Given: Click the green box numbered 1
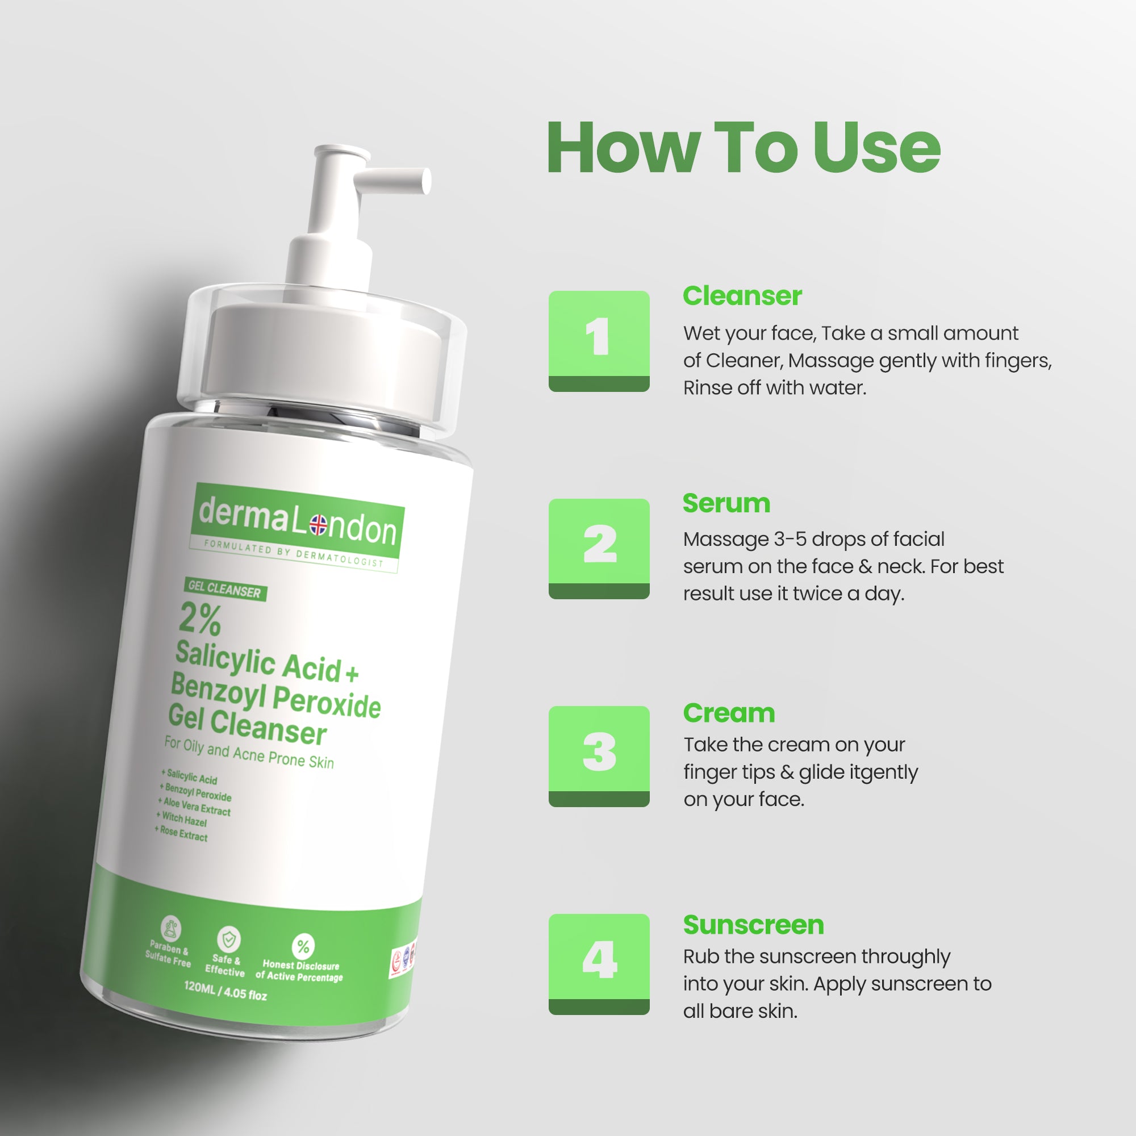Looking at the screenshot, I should [599, 341].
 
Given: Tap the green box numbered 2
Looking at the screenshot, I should [599, 548].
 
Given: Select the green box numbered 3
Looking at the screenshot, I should [599, 755].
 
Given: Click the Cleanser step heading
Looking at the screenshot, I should [742, 296].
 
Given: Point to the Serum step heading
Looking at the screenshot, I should [726, 503].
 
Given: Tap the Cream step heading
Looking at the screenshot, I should [729, 713].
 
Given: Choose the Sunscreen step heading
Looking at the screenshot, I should [753, 925].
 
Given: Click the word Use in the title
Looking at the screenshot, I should [876, 148].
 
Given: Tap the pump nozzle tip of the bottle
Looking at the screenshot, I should [424, 181].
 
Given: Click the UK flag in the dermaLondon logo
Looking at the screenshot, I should [318, 524].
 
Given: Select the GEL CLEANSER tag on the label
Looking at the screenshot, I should [224, 588].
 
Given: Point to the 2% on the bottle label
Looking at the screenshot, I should [200, 619].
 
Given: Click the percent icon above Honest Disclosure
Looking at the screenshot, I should [303, 946].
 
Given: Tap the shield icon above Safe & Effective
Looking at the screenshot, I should [228, 939].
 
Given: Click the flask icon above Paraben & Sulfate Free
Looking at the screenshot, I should [171, 929].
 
